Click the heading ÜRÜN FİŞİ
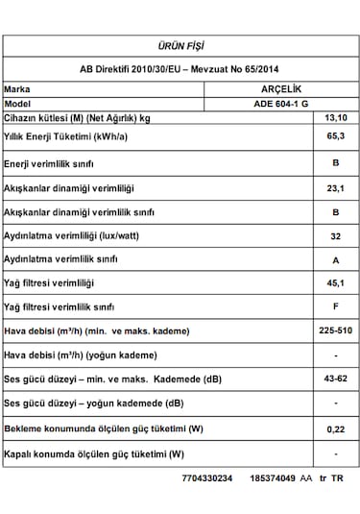[x=180, y=46]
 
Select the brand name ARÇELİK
[x=282, y=87]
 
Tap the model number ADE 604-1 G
[x=282, y=102]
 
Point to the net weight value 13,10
[x=336, y=117]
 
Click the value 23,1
[x=336, y=188]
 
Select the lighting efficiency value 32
[x=336, y=235]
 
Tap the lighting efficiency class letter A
[x=336, y=259]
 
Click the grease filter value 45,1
[x=336, y=283]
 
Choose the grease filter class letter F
[x=336, y=306]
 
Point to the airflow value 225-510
[x=336, y=331]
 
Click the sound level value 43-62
[x=336, y=379]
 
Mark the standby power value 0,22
[x=336, y=428]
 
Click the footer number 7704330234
[x=206, y=477]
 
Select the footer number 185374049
[x=272, y=477]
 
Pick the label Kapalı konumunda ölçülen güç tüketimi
[x=94, y=453]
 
